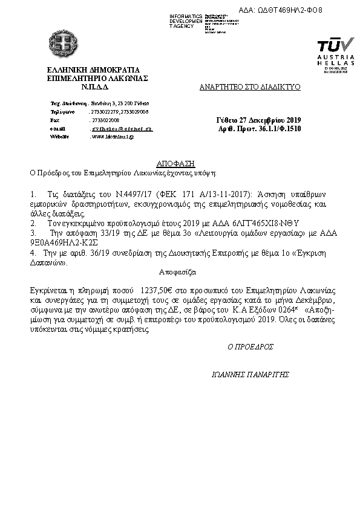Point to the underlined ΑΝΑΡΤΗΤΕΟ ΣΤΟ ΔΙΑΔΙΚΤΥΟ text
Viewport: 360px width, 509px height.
pos(250,87)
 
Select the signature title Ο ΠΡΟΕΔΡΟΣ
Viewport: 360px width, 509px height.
pos(250,347)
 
